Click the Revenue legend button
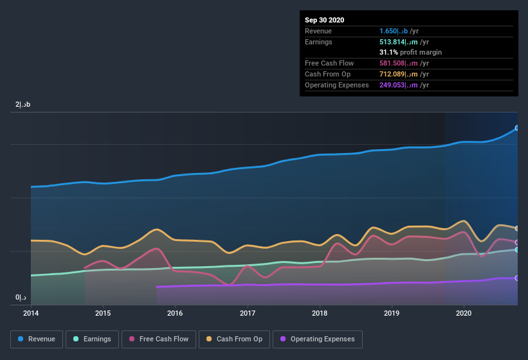point(37,339)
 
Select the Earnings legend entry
point(92,339)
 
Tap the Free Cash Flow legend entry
point(158,339)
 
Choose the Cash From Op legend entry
point(234,339)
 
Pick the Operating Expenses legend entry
point(317,339)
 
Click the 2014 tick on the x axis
point(30,313)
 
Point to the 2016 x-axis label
point(175,313)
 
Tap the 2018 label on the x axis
point(320,313)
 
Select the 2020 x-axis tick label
point(464,313)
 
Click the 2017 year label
point(248,313)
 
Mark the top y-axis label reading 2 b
point(23,104)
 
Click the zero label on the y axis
point(21,298)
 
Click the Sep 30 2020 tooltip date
point(325,20)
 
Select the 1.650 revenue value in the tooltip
point(399,31)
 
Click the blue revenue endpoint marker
point(516,128)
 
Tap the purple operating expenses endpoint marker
point(516,278)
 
